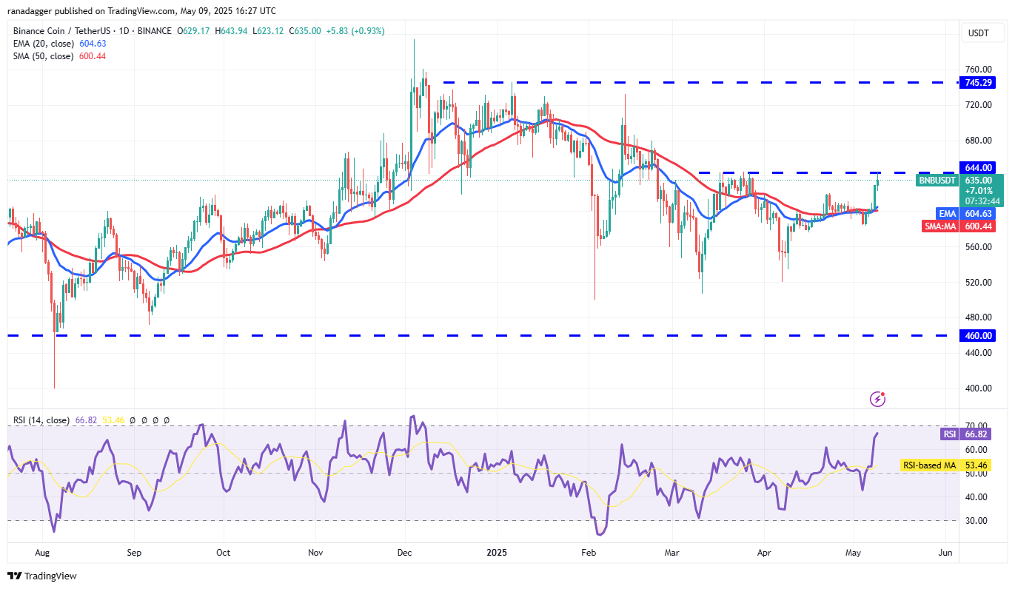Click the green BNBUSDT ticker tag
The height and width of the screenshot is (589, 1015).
937,180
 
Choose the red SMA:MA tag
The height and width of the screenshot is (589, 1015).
940,226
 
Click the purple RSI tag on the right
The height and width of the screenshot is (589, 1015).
950,434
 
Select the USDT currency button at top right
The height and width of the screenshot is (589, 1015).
978,33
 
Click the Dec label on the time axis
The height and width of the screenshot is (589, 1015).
404,552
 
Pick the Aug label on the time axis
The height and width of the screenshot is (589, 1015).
42,552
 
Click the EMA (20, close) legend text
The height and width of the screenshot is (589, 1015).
43,44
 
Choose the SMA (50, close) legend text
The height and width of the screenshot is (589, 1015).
43,56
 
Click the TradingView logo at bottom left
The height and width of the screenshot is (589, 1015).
42,576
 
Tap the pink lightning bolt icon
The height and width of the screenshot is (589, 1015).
878,400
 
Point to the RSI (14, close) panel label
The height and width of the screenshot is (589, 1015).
41,420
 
